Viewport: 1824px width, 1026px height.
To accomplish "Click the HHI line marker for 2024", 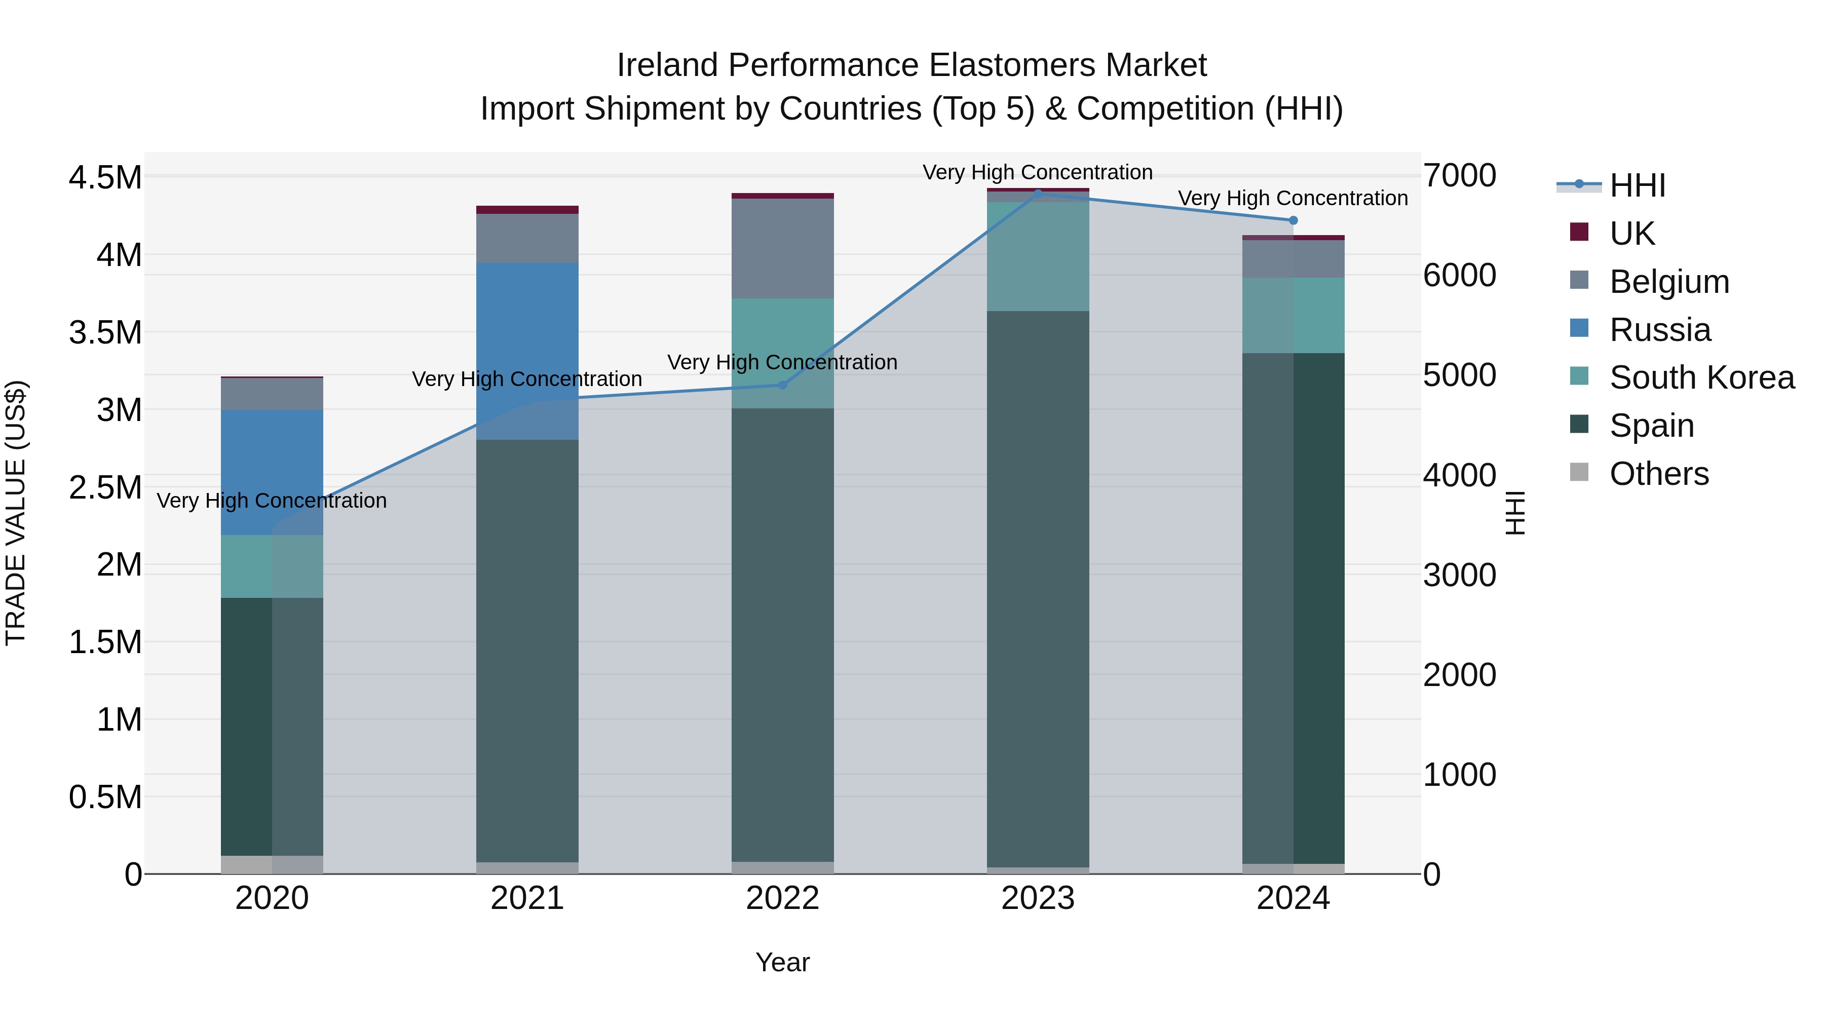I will (x=1293, y=220).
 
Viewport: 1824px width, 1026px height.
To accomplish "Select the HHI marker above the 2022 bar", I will (x=782, y=385).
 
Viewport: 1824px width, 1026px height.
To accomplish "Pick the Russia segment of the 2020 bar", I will (x=272, y=472).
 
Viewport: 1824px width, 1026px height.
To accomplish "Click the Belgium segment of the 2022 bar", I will (x=782, y=248).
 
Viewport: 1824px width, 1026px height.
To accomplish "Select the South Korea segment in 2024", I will (x=1293, y=315).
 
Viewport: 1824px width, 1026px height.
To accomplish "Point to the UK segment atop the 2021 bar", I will (x=527, y=210).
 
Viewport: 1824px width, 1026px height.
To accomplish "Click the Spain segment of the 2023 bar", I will (x=1038, y=588).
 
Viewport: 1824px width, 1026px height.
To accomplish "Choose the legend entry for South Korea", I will (x=1701, y=377).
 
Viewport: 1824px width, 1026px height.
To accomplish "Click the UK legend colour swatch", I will (x=1579, y=232).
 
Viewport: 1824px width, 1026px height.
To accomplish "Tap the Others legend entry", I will (x=1658, y=474).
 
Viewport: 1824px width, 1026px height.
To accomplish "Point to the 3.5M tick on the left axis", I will (x=105, y=332).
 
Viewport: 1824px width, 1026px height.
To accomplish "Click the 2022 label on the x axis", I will (x=782, y=898).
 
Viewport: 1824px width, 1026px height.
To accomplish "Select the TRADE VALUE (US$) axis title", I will (x=16, y=513).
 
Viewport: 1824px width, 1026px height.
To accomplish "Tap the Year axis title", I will (x=782, y=962).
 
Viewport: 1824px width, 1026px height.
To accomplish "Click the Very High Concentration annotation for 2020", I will (x=272, y=501).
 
